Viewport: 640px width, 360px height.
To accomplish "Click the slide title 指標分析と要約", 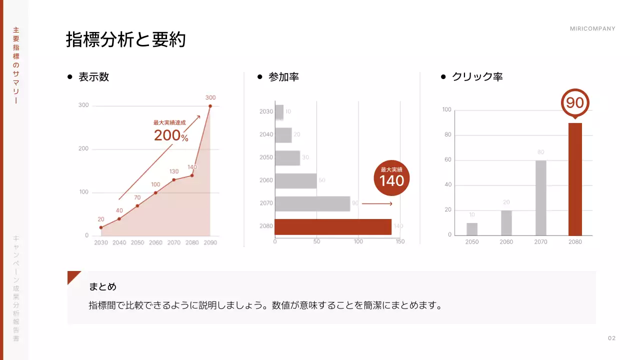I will coord(125,39).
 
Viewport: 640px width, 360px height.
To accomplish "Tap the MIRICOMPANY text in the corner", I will coord(592,29).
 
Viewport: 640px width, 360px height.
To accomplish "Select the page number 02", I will coord(611,338).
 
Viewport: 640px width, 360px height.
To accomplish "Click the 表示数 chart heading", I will coord(93,77).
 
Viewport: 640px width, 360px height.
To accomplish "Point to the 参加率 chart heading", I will coord(283,77).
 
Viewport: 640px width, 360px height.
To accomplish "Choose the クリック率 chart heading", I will coord(477,77).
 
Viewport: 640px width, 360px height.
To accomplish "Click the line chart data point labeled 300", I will coord(210,106).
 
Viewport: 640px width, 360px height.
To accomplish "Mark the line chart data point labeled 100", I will coord(155,192).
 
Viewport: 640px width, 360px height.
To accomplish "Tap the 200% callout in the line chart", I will coord(170,135).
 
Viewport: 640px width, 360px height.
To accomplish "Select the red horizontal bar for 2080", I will coord(333,227).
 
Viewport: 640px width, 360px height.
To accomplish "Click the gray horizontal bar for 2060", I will coord(296,181).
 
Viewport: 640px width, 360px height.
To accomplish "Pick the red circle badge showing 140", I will coord(391,177).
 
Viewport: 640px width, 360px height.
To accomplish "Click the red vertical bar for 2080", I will coord(575,179).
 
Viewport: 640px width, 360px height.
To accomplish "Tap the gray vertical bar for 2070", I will coord(540,197).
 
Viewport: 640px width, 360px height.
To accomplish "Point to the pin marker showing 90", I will coord(575,103).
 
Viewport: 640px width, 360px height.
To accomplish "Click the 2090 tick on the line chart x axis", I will coord(210,243).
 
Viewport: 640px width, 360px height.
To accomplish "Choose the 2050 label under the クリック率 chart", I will coord(471,242).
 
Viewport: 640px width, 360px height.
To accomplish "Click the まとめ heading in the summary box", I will coord(102,287).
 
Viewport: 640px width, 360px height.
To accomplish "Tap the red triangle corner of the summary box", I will coord(72,275).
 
